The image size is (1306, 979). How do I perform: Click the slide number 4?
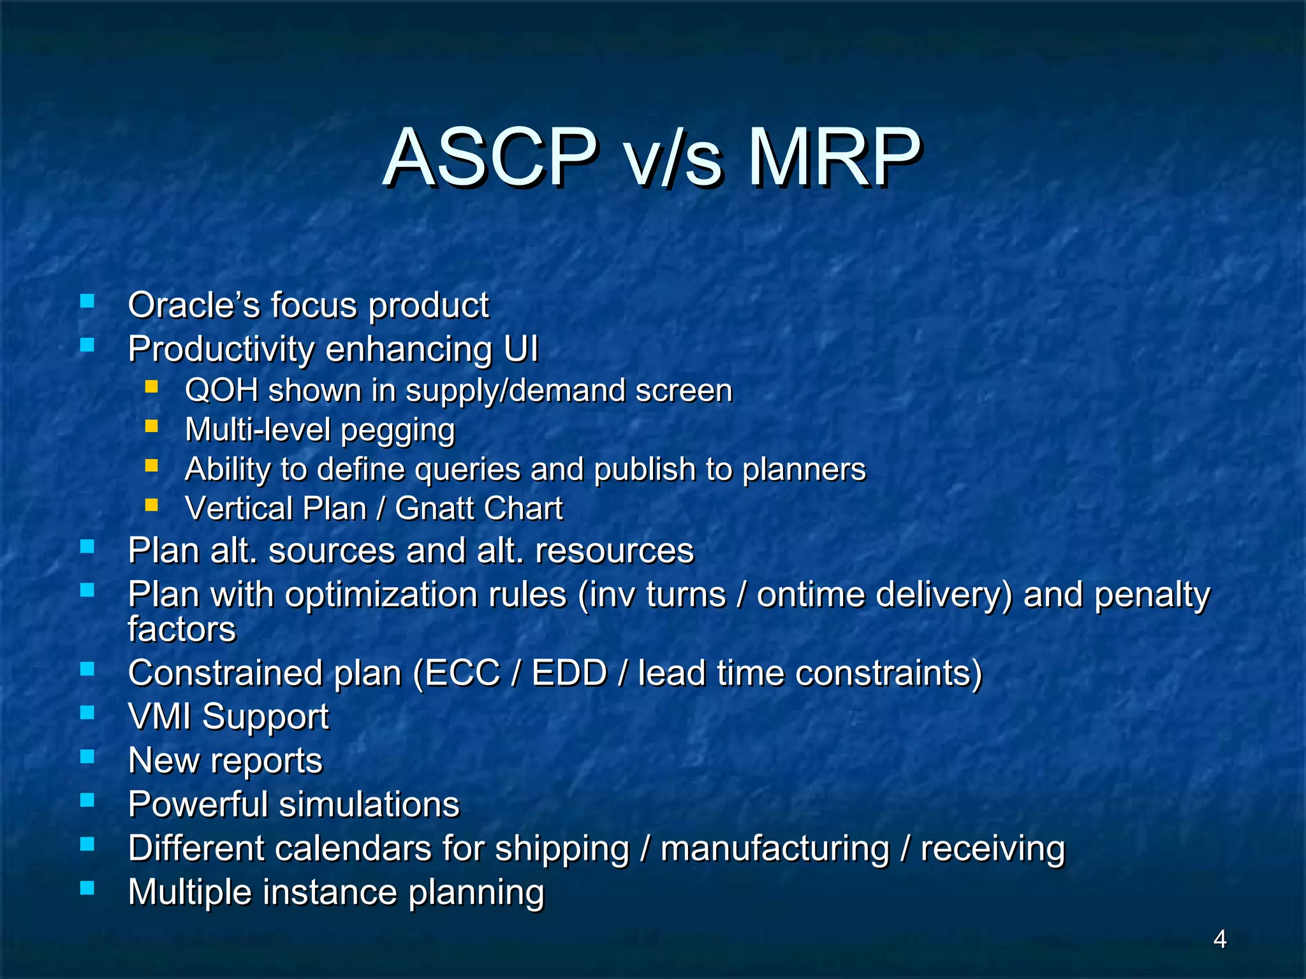[x=1219, y=939]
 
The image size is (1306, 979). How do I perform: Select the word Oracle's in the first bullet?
[x=194, y=305]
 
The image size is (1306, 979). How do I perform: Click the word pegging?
[x=398, y=431]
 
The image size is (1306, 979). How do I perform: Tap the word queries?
[x=467, y=470]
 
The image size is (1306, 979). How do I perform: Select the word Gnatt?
[x=435, y=509]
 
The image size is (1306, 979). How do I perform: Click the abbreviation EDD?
[x=569, y=673]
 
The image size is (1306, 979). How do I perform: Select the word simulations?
[x=369, y=804]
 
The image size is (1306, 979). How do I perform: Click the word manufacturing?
[x=775, y=849]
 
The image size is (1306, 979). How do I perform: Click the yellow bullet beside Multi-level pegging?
[x=151, y=426]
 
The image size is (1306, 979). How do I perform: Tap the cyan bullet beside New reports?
[x=87, y=756]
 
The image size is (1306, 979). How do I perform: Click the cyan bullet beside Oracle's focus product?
[x=87, y=301]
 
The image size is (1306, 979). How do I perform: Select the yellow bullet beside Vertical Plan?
[x=151, y=505]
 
